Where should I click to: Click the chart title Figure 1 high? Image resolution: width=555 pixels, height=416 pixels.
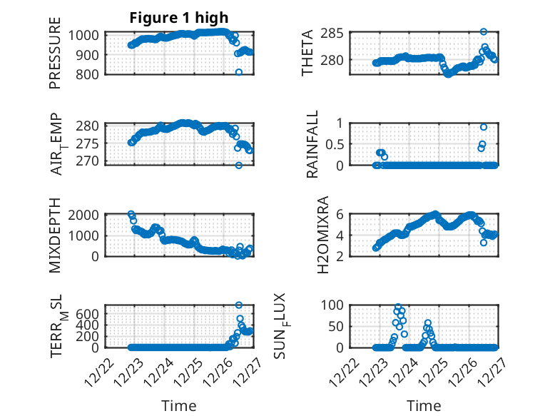click(x=179, y=18)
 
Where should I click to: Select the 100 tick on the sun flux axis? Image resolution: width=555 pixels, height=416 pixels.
click(x=335, y=305)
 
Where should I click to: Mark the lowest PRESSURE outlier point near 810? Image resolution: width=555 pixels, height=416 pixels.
click(x=239, y=72)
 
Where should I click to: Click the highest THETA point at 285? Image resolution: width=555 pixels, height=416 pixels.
click(x=484, y=32)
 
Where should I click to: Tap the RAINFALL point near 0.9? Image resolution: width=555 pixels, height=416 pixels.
click(x=484, y=127)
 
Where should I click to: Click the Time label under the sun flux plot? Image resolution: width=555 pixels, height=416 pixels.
click(x=424, y=406)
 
